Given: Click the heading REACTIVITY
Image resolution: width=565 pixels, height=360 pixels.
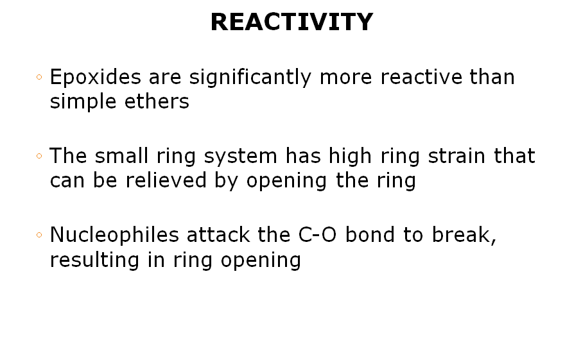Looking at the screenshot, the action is click(x=291, y=22).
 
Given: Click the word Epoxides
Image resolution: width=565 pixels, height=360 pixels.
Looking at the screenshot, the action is click(x=96, y=77).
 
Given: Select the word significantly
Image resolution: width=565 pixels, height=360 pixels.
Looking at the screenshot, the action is click(x=250, y=77).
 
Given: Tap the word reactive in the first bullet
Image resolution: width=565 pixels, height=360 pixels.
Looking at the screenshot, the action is click(x=421, y=77).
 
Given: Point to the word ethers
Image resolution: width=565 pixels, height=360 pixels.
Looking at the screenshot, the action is click(x=157, y=101).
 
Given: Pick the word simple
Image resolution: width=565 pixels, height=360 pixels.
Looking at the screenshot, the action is click(x=83, y=102).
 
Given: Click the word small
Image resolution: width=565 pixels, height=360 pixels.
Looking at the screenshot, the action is click(x=122, y=156).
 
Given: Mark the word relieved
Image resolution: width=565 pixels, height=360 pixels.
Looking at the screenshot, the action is click(x=166, y=180).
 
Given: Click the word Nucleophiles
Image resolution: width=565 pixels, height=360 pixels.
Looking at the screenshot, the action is click(x=114, y=235).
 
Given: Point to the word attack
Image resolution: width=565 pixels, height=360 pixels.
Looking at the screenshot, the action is click(x=218, y=235).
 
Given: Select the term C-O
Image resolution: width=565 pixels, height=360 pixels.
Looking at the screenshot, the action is click(x=317, y=235).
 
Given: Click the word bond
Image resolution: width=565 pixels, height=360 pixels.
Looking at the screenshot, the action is click(x=370, y=235).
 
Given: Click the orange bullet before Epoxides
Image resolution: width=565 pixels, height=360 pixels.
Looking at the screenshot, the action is click(x=39, y=76).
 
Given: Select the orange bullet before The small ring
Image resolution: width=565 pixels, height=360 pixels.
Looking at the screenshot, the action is click(x=39, y=156).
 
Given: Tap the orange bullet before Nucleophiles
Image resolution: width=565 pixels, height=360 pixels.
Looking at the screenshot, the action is click(x=39, y=235).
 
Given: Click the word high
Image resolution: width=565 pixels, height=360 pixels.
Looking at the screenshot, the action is click(x=350, y=156).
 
